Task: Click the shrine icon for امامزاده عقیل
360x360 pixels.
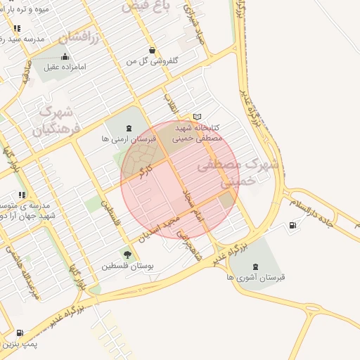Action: click(65, 57)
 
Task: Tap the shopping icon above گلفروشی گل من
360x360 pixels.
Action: click(152, 50)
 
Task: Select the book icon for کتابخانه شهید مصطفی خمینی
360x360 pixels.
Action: click(197, 117)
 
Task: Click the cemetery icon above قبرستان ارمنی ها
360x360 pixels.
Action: click(128, 128)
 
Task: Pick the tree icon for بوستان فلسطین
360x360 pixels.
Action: click(127, 254)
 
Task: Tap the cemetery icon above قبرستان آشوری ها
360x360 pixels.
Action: click(254, 266)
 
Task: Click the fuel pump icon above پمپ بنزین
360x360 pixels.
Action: click(19, 333)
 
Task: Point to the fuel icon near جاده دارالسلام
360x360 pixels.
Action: click(292, 225)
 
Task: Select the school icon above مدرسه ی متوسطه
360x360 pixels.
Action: click(22, 195)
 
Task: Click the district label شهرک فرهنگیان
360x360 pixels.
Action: click(52, 120)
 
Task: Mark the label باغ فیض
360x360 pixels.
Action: click(146, 6)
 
